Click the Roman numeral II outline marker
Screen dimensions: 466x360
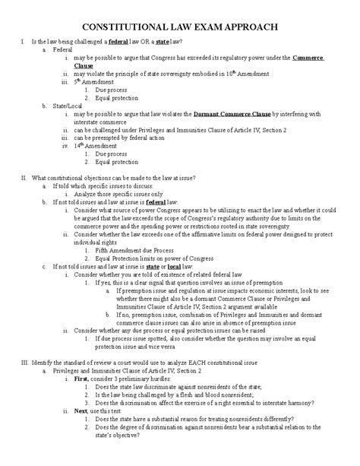[x=25, y=177]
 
